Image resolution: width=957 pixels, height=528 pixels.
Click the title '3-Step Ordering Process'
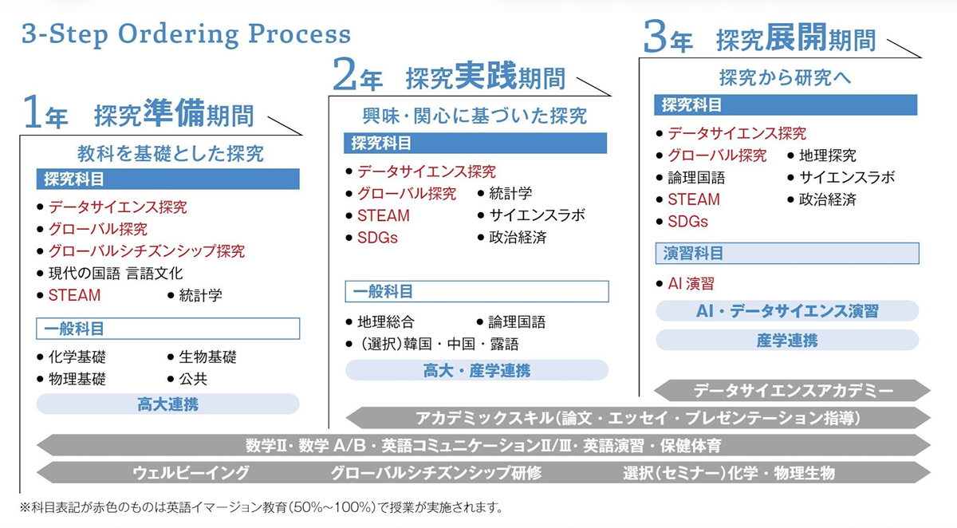[186, 35]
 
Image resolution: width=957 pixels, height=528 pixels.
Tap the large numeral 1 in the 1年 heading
[32, 114]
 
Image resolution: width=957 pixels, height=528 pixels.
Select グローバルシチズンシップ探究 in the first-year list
[146, 251]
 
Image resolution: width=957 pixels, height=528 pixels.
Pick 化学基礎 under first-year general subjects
[77, 357]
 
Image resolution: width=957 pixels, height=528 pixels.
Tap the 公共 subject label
[194, 380]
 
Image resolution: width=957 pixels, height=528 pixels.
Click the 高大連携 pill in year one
[167, 404]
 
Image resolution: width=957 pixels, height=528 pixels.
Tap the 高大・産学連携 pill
[476, 370]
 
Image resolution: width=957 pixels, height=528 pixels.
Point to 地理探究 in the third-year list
[827, 156]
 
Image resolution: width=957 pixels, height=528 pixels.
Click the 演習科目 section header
[694, 254]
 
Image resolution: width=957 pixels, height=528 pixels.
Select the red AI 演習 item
[691, 283]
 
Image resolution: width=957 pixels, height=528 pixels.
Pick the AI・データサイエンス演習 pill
[787, 311]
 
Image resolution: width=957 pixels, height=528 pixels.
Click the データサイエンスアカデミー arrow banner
[793, 391]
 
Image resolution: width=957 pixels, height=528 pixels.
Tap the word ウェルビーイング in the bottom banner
[191, 473]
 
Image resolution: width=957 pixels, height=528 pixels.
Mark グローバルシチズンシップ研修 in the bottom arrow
[436, 473]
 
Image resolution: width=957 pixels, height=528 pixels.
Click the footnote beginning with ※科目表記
[263, 507]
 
